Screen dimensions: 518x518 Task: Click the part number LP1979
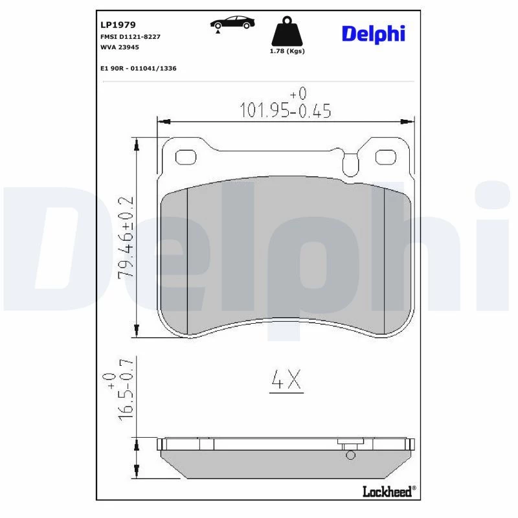[x=118, y=25]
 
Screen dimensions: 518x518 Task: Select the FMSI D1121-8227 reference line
[x=130, y=37]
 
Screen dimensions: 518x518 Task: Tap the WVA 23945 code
[x=120, y=47]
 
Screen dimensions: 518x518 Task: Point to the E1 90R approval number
[x=139, y=69]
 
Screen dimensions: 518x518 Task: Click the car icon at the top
[x=232, y=23]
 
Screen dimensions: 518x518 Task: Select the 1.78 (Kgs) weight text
[x=287, y=51]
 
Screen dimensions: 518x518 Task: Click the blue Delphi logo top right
[x=374, y=34]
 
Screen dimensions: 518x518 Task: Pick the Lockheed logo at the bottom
[x=389, y=491]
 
